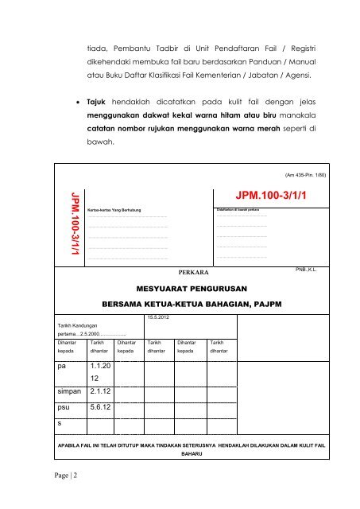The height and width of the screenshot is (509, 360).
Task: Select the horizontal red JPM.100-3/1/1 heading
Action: pos(273,195)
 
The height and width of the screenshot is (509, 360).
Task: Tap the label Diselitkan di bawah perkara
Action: pos(241,208)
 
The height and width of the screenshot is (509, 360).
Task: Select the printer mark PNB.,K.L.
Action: pos(306,270)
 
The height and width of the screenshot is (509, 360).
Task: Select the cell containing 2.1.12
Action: pos(99,392)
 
